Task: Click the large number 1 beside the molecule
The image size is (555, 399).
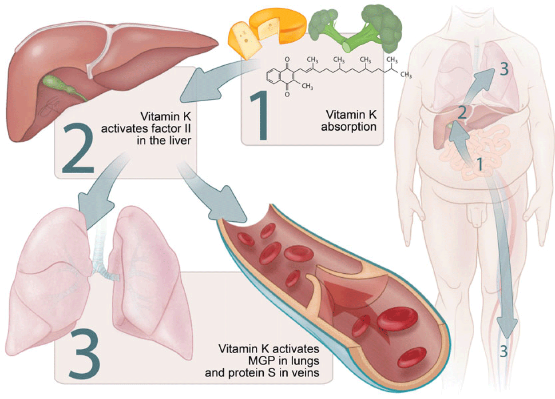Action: click(259, 116)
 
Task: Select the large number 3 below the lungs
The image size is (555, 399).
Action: click(84, 354)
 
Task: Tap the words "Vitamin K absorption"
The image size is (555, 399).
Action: click(349, 120)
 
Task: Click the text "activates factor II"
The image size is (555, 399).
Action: click(146, 129)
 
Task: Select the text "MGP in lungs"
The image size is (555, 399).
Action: click(284, 361)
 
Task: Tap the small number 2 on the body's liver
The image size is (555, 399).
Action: click(462, 112)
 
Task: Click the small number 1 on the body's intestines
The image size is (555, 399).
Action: click(480, 164)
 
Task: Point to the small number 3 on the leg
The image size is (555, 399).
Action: click(503, 351)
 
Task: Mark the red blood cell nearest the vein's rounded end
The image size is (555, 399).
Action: click(412, 357)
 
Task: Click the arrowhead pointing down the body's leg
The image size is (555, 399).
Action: click(507, 328)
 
